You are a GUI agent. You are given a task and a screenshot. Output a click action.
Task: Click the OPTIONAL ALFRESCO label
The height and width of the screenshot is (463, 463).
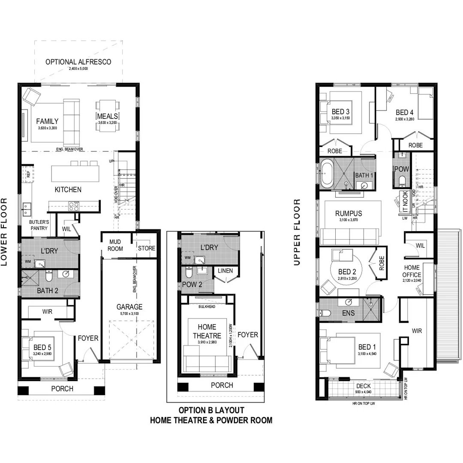[78, 62]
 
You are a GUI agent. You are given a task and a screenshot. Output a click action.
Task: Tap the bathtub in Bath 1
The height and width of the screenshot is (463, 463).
[327, 174]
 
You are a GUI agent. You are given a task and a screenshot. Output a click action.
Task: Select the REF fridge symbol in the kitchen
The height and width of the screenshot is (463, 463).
[28, 174]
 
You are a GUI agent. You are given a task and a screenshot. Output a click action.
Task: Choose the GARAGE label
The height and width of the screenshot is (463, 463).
[129, 307]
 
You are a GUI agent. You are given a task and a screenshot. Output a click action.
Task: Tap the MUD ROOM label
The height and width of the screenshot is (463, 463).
[115, 245]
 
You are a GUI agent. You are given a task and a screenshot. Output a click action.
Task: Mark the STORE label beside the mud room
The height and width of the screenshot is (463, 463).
[147, 248]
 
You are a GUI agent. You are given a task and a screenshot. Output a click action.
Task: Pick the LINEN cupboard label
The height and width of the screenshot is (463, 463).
[225, 271]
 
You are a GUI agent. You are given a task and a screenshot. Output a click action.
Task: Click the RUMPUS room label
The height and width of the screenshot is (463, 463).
[349, 213]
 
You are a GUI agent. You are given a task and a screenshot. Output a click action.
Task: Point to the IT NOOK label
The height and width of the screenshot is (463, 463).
[405, 201]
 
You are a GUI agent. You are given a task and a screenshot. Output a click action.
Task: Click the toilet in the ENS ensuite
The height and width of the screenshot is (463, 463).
[326, 313]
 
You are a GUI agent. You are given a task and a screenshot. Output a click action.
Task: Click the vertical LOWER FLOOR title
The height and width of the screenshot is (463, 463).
[5, 231]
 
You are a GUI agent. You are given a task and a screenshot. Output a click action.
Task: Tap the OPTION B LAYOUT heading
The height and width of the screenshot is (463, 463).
[211, 410]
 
